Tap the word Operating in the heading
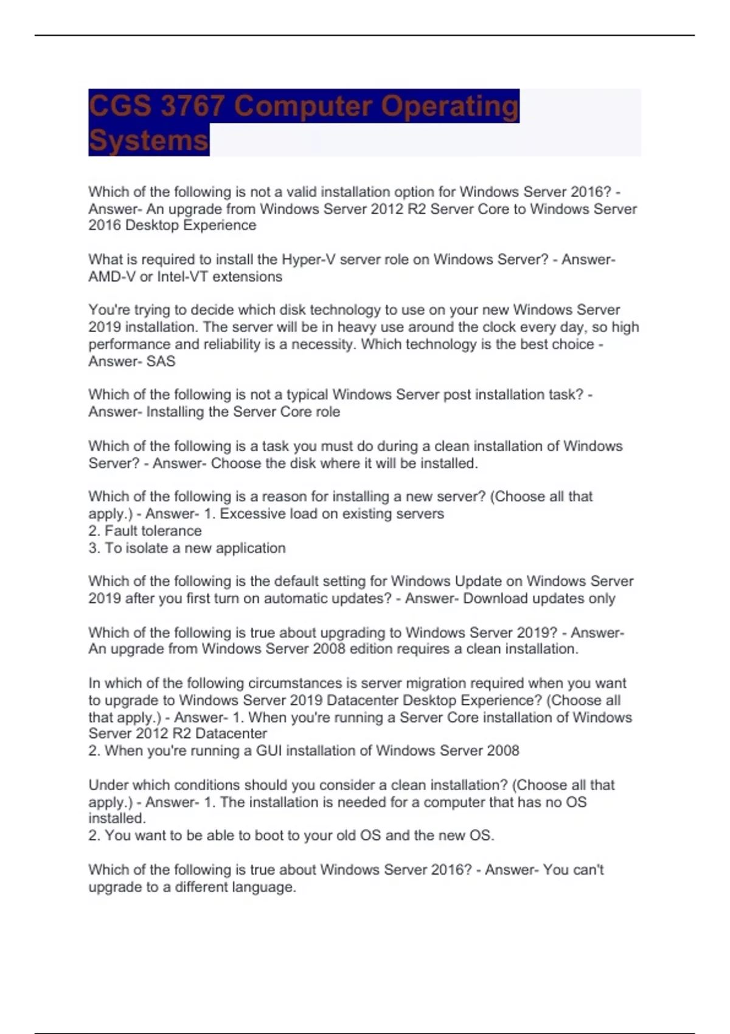pyautogui.click(x=450, y=106)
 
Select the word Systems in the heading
pyautogui.click(x=148, y=141)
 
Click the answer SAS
pyautogui.click(x=161, y=361)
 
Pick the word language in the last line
pyautogui.click(x=265, y=887)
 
